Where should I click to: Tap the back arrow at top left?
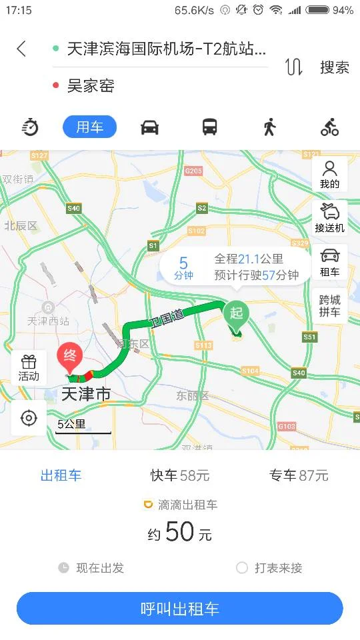(x=21, y=49)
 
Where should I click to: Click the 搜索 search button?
(x=334, y=67)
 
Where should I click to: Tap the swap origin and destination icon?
(x=294, y=67)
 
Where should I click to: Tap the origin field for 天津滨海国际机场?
(x=167, y=49)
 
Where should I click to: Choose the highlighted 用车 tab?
(x=89, y=127)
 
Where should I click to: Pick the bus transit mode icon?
(x=210, y=127)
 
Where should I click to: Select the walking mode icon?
(x=269, y=127)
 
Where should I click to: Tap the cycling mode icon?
(x=329, y=127)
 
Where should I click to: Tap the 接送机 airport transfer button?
(x=329, y=217)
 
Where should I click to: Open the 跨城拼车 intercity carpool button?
(x=329, y=305)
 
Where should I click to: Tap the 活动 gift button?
(x=29, y=367)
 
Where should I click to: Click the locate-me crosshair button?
(x=29, y=418)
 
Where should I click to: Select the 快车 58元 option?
(x=180, y=475)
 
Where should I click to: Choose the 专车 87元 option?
(x=299, y=475)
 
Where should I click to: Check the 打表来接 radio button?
(x=242, y=568)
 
